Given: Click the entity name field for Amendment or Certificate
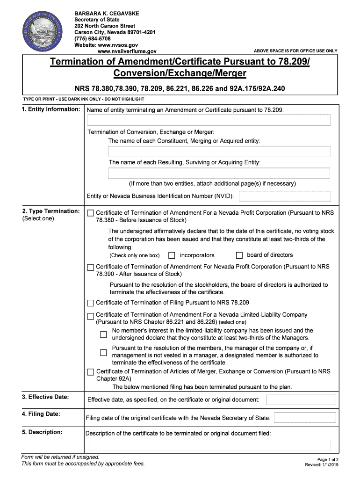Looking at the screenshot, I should click(x=209, y=120).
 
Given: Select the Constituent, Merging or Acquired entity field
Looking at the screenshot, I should click(x=219, y=152).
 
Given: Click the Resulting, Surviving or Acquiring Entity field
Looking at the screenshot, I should click(x=219, y=174).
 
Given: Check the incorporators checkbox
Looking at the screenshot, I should click(x=172, y=255).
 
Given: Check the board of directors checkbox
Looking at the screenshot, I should click(x=239, y=255).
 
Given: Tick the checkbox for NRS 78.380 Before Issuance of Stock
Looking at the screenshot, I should click(x=91, y=213).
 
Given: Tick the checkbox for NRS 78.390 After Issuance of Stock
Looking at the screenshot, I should click(x=91, y=268).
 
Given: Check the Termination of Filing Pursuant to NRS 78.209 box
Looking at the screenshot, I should click(x=91, y=303).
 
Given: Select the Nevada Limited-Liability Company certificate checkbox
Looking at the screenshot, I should click(x=91, y=317).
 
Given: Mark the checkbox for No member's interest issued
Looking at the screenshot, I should click(x=103, y=334).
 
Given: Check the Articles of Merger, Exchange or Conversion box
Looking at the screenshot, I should click(x=91, y=372).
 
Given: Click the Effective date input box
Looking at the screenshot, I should click(x=301, y=400).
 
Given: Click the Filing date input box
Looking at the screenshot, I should click(x=304, y=418).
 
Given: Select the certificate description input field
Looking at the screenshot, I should click(x=209, y=444).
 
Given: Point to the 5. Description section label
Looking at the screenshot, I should click(x=42, y=432).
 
